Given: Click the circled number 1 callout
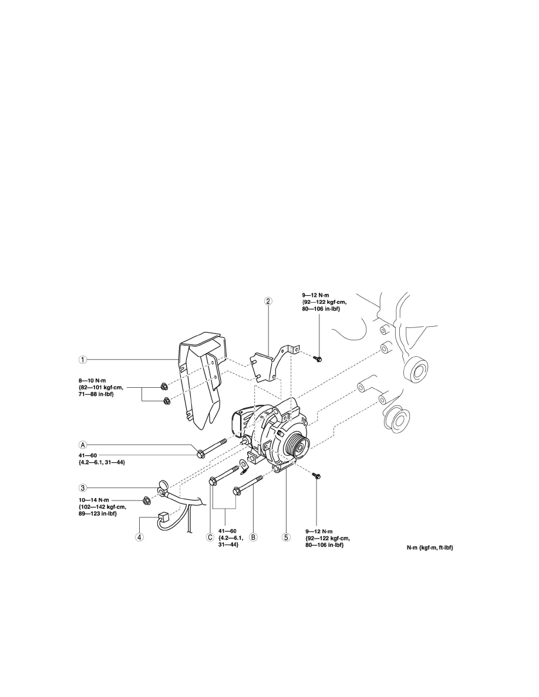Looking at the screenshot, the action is (x=83, y=358).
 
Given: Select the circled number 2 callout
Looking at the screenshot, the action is (x=268, y=301).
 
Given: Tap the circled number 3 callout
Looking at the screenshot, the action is (x=83, y=488).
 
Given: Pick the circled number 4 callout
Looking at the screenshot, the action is (x=139, y=537).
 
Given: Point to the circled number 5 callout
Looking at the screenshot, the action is (x=286, y=537).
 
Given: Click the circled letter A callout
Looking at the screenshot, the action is (x=83, y=444).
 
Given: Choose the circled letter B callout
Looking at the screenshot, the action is (x=253, y=537).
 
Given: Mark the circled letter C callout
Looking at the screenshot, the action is (x=210, y=537).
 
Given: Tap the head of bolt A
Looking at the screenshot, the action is (x=201, y=454).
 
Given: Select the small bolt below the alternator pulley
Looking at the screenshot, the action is (x=316, y=476).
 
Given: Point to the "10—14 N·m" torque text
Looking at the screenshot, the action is (x=93, y=500).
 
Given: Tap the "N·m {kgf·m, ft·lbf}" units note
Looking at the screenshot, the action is (x=430, y=547).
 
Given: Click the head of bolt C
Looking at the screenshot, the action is (x=213, y=481).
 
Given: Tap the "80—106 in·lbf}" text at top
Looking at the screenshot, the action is (x=321, y=309).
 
